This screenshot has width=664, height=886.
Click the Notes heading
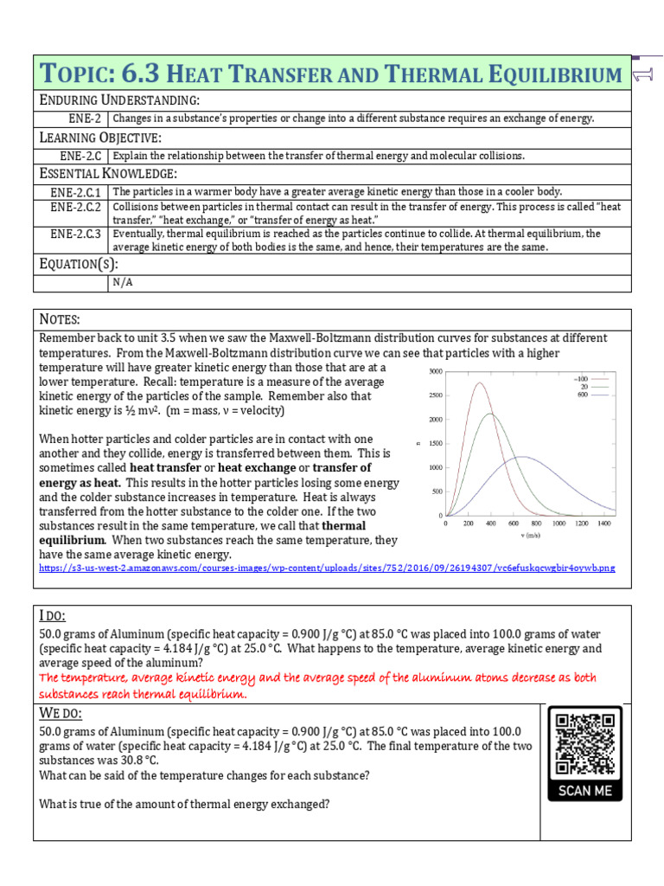click(x=61, y=320)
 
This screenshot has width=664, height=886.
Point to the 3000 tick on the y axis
click(x=436, y=371)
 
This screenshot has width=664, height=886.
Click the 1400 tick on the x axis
click(x=603, y=523)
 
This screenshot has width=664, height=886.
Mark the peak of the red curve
click(x=478, y=382)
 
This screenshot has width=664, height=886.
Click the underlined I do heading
click(x=54, y=615)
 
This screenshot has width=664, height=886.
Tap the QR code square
click(x=585, y=743)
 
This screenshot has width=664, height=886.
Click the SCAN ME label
click(x=585, y=790)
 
